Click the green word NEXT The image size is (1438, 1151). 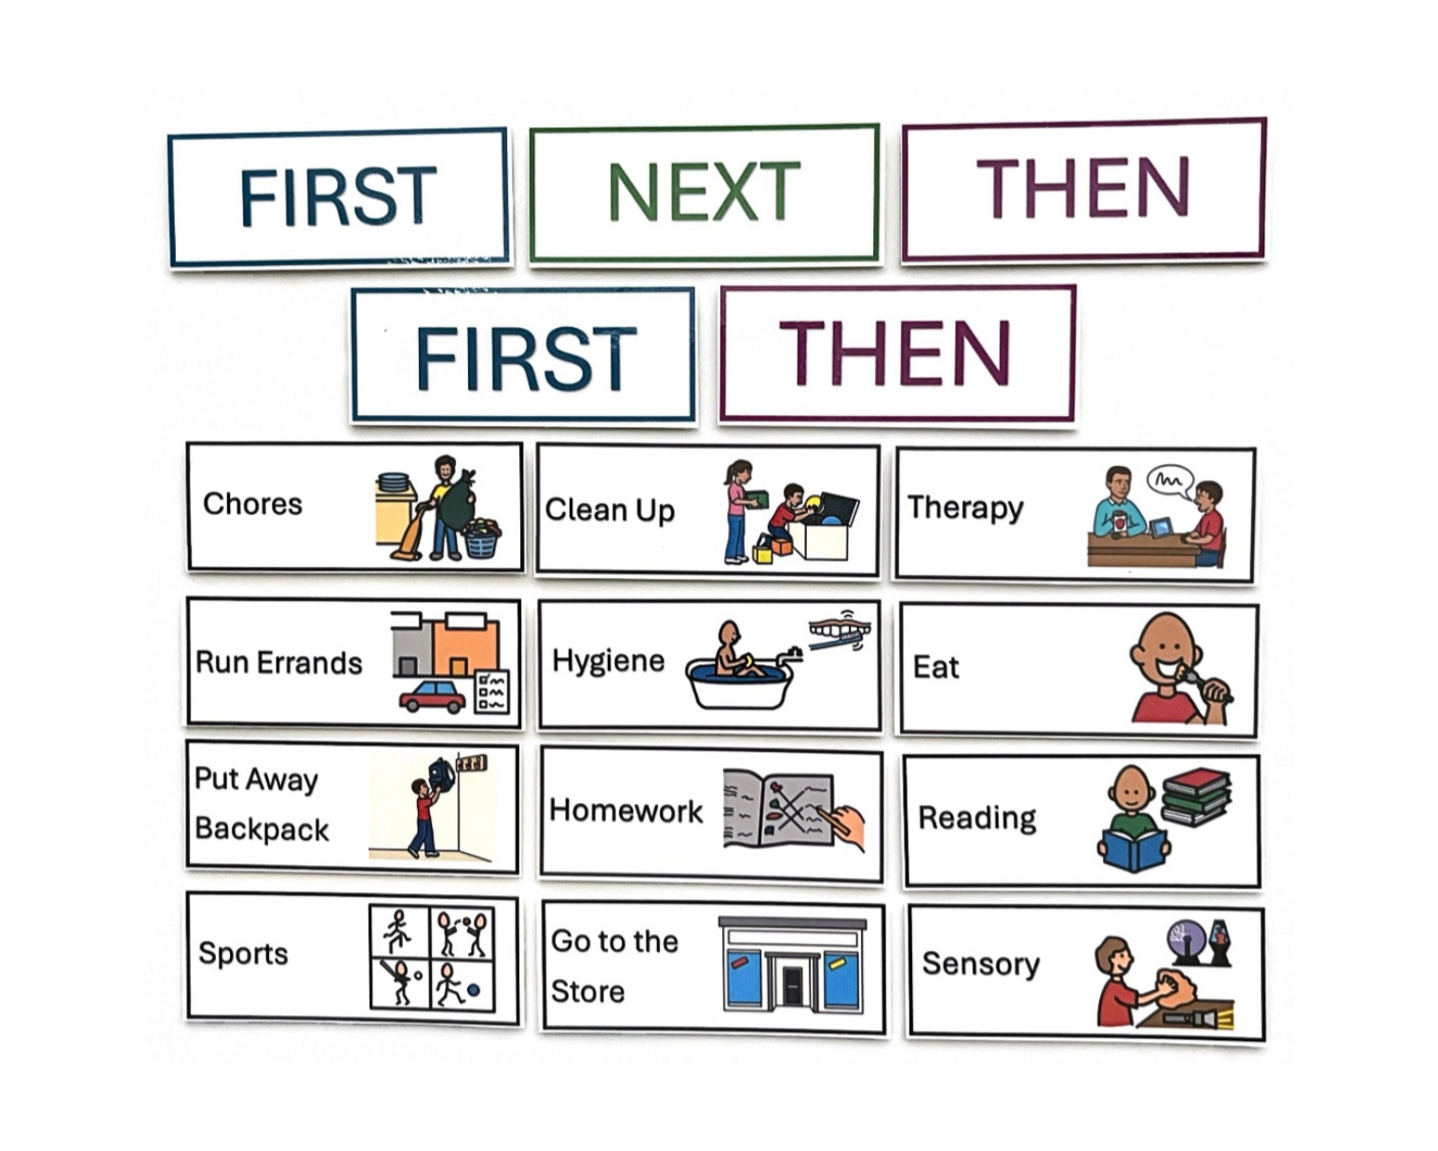coord(705,192)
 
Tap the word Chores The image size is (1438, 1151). coord(252,503)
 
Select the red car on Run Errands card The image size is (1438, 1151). coord(433,697)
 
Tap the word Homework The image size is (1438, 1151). coord(625,810)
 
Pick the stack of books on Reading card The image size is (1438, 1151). coord(1196,796)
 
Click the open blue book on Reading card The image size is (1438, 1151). coord(1134,850)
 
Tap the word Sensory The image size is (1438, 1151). coord(980,964)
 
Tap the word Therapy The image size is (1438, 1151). coord(965,508)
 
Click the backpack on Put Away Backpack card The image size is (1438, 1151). coord(441,775)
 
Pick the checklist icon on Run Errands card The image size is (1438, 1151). coord(491,691)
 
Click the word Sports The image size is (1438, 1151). coord(243,954)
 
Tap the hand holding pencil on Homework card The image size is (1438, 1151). coord(842,827)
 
